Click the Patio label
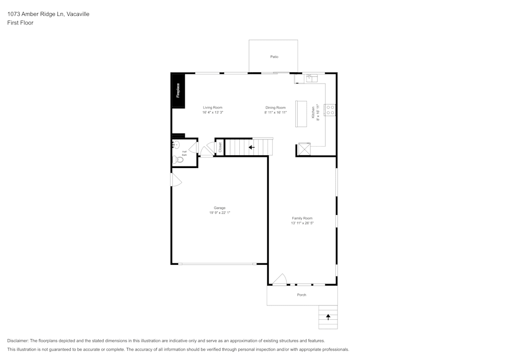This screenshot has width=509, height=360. [x=274, y=57]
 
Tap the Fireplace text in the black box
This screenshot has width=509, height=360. [x=178, y=91]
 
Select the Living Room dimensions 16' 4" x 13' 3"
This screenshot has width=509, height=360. [x=213, y=113]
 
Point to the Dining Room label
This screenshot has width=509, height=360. [x=275, y=107]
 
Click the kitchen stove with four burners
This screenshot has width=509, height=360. [x=330, y=110]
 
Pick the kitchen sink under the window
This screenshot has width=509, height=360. [x=311, y=78]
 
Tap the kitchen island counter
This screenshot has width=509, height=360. [x=301, y=114]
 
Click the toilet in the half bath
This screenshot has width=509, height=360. [x=178, y=159]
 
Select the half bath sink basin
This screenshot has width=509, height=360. [x=176, y=145]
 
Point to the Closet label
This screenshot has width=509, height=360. [x=220, y=147]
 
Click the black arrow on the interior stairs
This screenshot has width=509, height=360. [x=251, y=147]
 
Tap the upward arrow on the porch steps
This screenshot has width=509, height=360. [x=328, y=317]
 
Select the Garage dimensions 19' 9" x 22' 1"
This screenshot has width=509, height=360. [x=219, y=213]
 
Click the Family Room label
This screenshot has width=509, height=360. [x=302, y=218]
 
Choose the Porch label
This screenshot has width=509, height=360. [x=302, y=295]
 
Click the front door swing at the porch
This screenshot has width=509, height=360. [x=279, y=280]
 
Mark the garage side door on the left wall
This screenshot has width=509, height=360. [x=176, y=180]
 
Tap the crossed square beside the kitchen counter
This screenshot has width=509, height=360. [x=304, y=150]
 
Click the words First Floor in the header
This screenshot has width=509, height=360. [x=20, y=23]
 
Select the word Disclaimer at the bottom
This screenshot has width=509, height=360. [x=18, y=341]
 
